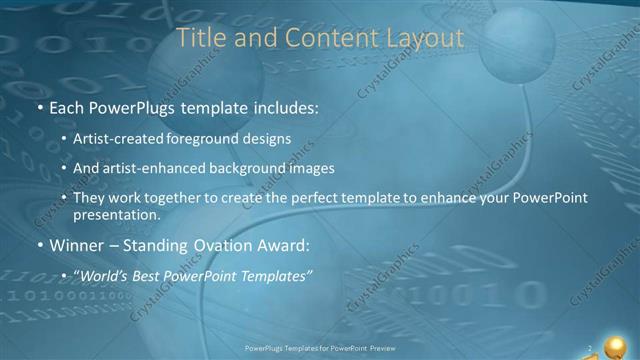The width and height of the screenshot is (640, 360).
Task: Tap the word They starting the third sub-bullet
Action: point(88,198)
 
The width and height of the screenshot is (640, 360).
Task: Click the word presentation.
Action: point(116,214)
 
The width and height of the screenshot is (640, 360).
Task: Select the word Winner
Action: point(76,245)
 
